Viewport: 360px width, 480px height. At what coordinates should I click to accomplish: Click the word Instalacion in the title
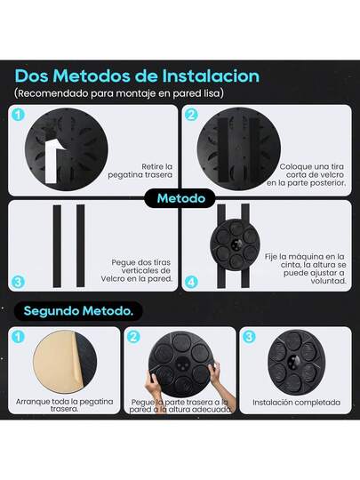[x=211, y=76]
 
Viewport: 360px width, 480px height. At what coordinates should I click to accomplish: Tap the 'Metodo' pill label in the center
[x=181, y=198]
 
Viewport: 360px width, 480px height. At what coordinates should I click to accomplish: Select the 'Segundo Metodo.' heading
[x=78, y=311]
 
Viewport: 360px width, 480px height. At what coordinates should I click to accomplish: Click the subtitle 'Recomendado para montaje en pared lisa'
[x=119, y=93]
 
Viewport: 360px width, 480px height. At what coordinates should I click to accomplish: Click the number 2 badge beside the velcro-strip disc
[x=191, y=115]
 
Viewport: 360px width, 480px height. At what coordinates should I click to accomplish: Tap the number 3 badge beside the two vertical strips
[x=18, y=282]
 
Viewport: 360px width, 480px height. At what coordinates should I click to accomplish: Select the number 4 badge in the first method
[x=191, y=282]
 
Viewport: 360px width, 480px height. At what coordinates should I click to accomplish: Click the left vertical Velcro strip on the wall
[x=57, y=246]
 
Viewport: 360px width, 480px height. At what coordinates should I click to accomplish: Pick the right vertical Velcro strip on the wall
[x=81, y=246]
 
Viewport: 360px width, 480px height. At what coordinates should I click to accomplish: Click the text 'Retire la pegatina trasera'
[x=140, y=171]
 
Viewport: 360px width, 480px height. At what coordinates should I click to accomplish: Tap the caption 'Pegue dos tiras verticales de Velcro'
[x=137, y=270]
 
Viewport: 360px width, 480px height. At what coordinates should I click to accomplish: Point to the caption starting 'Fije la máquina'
[x=306, y=268]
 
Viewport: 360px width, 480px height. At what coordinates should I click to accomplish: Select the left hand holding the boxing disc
[x=153, y=384]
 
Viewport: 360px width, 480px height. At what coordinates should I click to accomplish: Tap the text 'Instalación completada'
[x=296, y=403]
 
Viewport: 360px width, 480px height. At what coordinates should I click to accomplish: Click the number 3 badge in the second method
[x=249, y=337]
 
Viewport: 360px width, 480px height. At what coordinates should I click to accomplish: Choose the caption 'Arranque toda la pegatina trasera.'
[x=64, y=405]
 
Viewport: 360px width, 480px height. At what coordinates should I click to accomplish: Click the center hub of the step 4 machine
[x=236, y=244]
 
